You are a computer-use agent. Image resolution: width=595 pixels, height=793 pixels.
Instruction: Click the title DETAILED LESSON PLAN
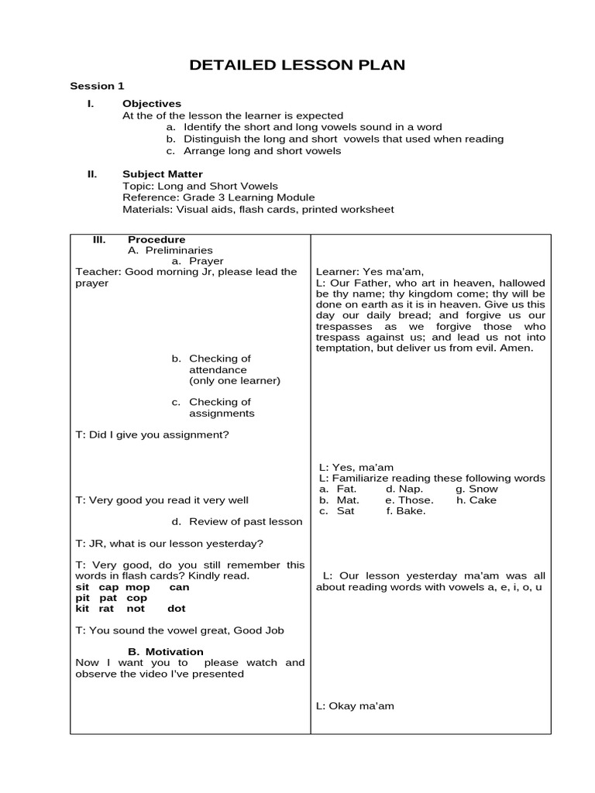[297, 65]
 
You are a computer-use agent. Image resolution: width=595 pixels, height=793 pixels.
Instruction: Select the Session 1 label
[97, 86]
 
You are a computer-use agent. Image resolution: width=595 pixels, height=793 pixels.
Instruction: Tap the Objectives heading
[152, 103]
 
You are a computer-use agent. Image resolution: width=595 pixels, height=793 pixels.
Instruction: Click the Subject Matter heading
[163, 174]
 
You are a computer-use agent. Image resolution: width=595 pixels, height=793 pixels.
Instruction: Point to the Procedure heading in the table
[156, 239]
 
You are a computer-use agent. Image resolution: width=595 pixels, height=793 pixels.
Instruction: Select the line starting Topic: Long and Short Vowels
[200, 186]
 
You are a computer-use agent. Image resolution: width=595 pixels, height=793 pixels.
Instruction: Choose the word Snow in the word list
[484, 489]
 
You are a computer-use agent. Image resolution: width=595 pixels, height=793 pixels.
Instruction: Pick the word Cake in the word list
[483, 499]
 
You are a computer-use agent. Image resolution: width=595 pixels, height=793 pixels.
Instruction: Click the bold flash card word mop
[137, 587]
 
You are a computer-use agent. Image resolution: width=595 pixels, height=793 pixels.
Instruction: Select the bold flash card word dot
[176, 608]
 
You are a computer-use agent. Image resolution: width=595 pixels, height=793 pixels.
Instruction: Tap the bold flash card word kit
[83, 608]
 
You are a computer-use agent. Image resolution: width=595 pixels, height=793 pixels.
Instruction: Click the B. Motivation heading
[166, 651]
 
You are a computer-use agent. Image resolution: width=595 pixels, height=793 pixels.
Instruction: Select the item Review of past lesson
[246, 521]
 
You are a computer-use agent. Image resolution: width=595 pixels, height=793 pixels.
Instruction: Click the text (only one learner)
[235, 380]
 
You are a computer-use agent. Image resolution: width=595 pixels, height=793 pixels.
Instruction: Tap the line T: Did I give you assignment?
[152, 434]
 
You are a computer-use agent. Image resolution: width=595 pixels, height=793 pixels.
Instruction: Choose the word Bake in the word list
[410, 510]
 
